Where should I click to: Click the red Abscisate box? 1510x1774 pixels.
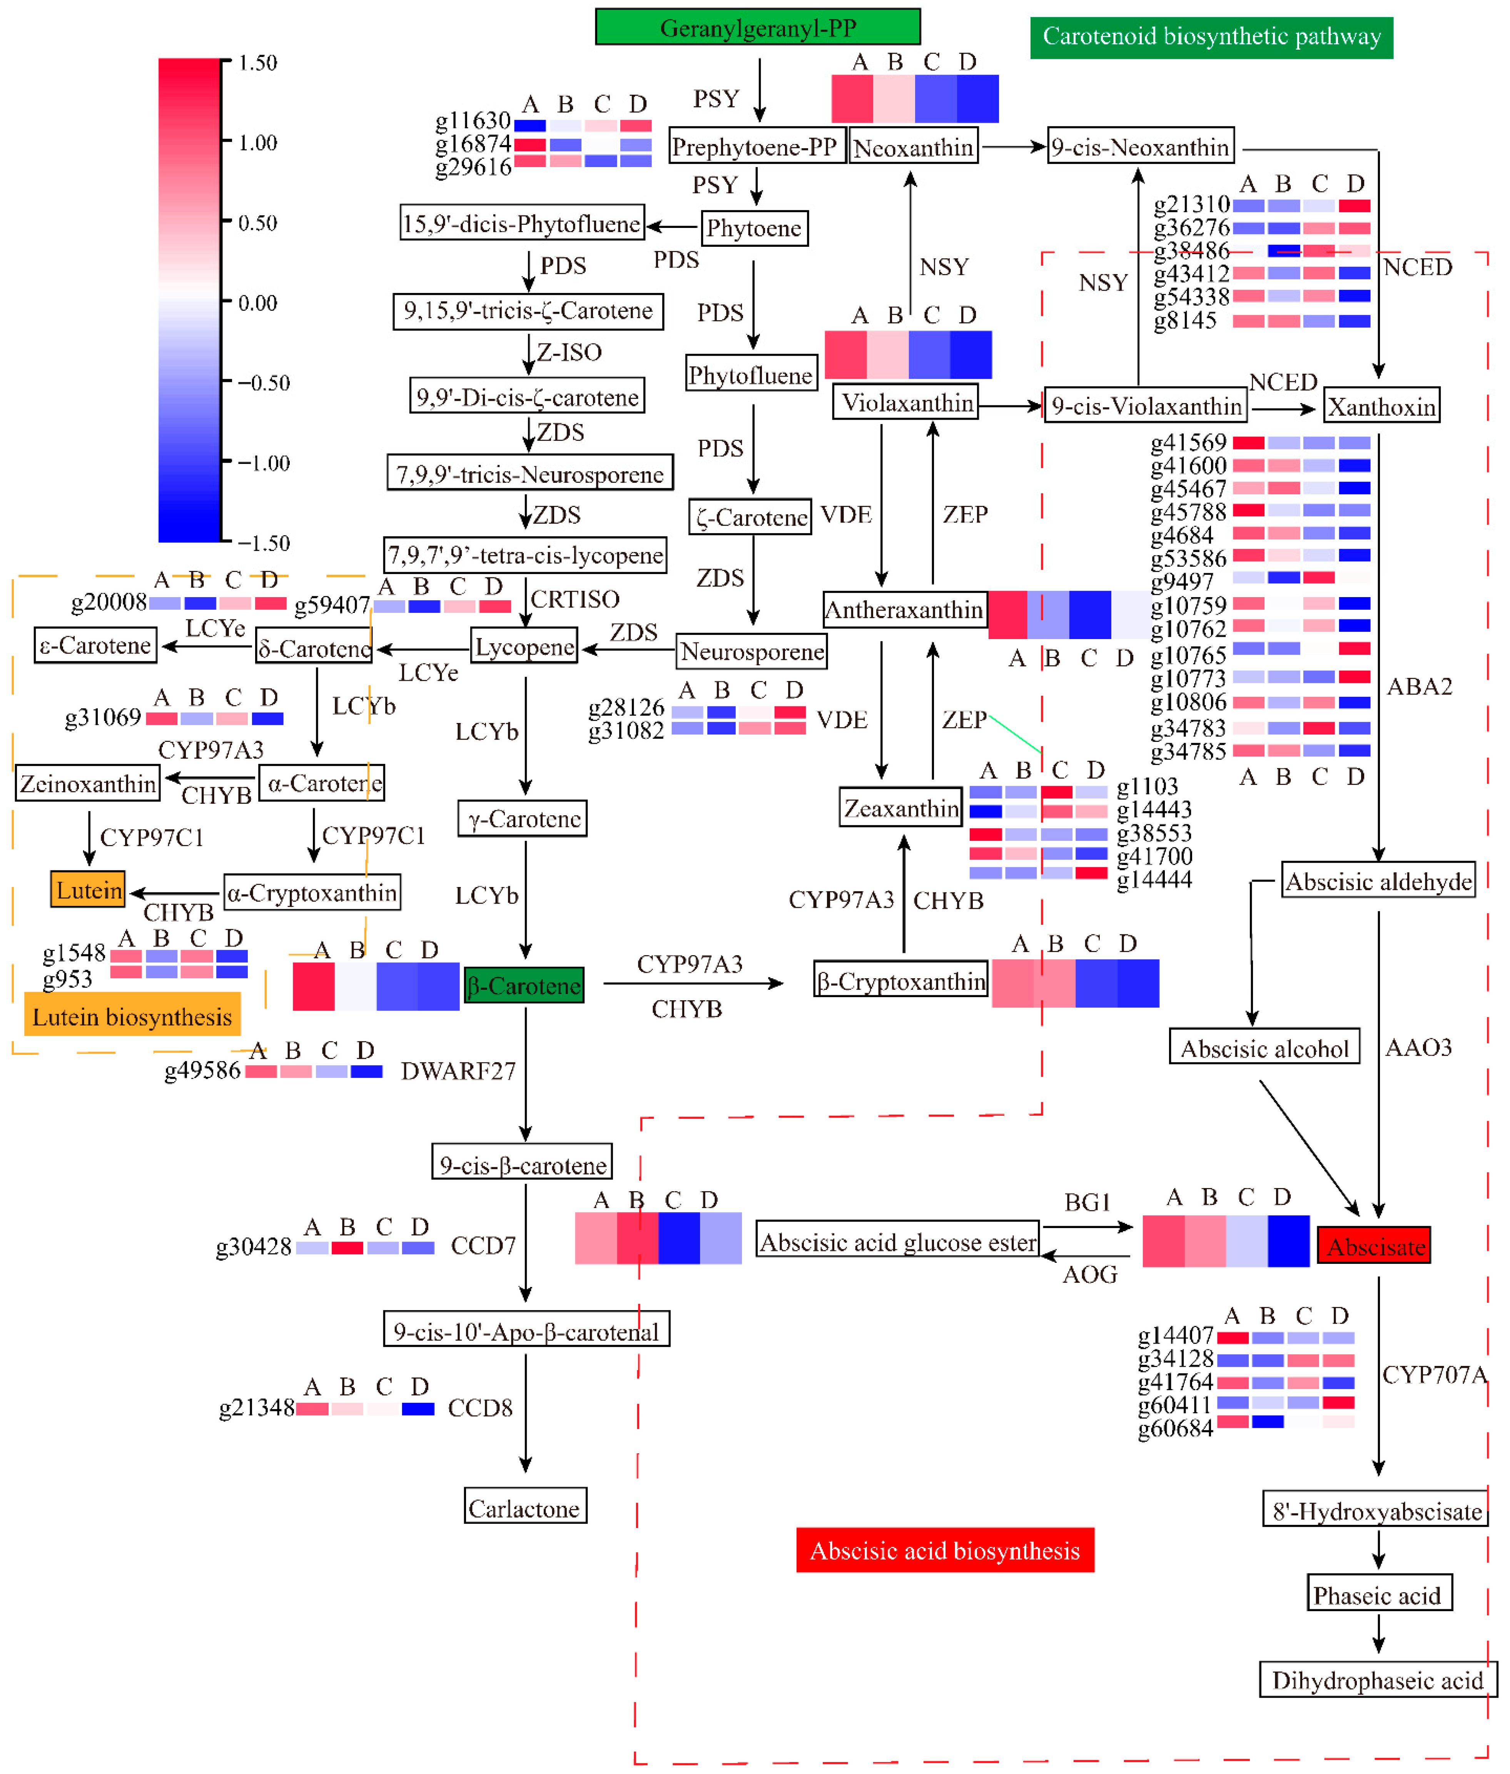[1374, 1246]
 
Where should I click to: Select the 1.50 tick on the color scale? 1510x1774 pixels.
[257, 62]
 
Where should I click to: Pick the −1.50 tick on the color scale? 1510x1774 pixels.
[263, 543]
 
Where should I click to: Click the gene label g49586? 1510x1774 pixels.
[202, 1070]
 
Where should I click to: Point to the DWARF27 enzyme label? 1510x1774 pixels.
[458, 1071]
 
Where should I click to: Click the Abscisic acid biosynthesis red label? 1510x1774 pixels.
[944, 1551]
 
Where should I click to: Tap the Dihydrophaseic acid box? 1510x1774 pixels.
[1376, 1680]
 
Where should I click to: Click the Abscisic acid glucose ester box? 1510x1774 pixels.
[897, 1242]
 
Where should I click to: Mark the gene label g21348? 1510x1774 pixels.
[256, 1407]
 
